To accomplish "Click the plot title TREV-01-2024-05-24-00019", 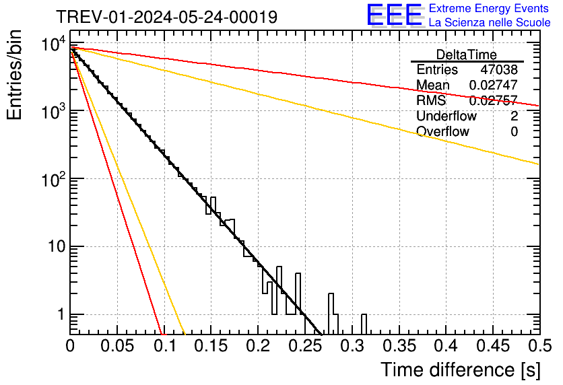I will coord(166,17).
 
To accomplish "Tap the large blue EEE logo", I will coord(394,15).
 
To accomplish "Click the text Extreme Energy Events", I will coord(489,9).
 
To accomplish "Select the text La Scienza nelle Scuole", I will coord(490,23).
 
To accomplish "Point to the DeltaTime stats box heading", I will coord(467,55).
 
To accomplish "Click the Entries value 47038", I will coord(499,70).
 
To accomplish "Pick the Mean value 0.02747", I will coord(493,85).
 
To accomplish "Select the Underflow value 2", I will coord(514,116).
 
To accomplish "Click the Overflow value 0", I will coord(514,132).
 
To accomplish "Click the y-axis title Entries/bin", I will coord(15,75).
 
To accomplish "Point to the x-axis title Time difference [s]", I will coord(460,370).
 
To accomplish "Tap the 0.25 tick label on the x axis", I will coord(304,347).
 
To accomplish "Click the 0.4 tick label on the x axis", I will coord(445,347).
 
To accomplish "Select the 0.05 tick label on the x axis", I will coord(117,347).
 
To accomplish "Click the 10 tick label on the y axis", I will coord(55,247).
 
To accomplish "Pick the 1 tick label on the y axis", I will coord(59,315).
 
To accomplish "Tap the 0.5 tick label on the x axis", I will coord(537,347).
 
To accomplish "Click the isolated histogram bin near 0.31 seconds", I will coord(364,324).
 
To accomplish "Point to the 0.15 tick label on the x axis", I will coord(210,347).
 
